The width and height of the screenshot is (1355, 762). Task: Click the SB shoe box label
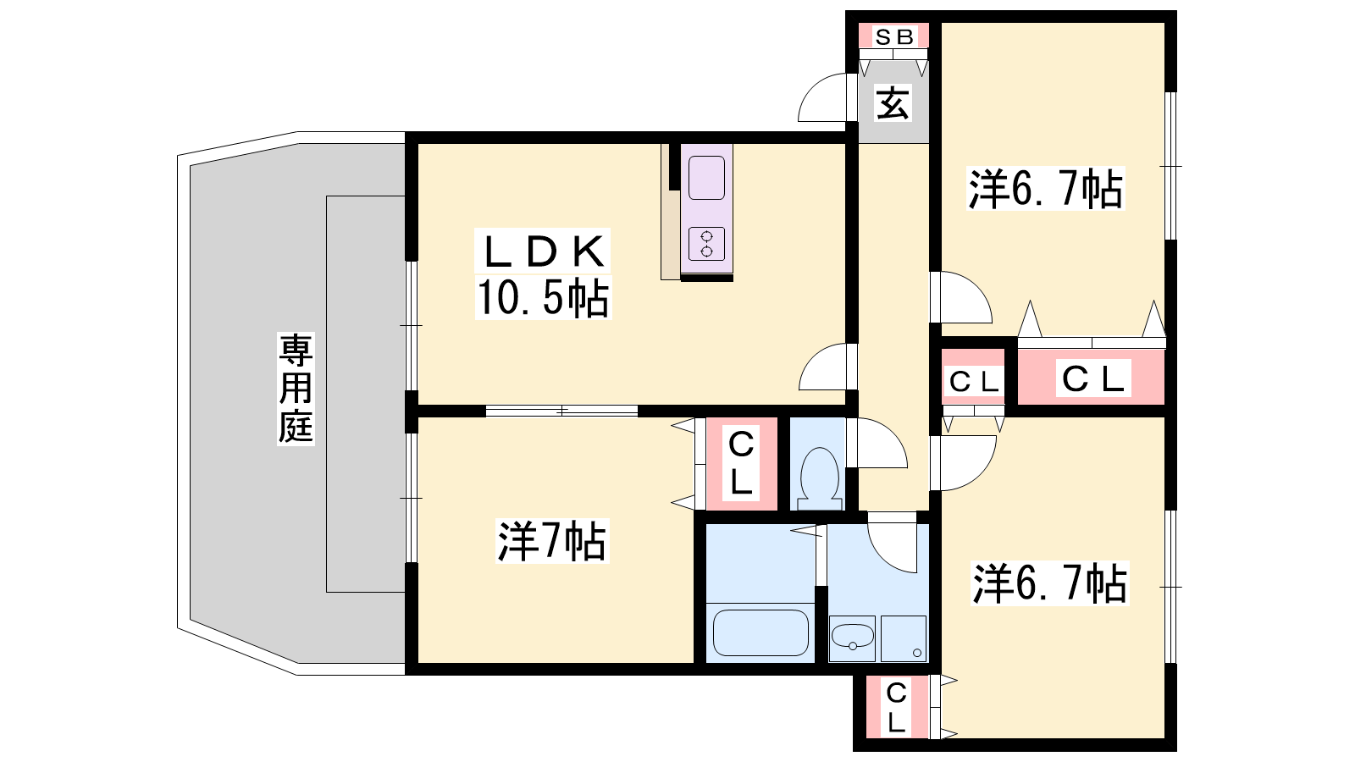point(893,36)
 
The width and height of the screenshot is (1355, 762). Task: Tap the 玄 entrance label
point(893,104)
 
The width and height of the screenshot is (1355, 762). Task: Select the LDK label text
point(545,251)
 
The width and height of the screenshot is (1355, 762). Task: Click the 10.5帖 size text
point(543,297)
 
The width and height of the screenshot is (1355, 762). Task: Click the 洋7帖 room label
point(551,542)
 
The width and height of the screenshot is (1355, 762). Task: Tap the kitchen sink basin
point(706,178)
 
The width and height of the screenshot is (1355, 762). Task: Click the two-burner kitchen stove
point(706,244)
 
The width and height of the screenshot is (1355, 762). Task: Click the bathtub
point(760,632)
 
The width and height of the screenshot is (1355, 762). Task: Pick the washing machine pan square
point(903,638)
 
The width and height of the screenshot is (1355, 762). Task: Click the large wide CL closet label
point(1092,378)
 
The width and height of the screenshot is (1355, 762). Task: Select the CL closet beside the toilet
point(741,463)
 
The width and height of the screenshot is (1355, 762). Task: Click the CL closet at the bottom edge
point(896,708)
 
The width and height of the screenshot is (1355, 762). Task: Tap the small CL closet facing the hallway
point(974,381)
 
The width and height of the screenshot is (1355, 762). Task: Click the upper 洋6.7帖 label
point(1046,190)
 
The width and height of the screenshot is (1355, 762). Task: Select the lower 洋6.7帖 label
point(1049,584)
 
